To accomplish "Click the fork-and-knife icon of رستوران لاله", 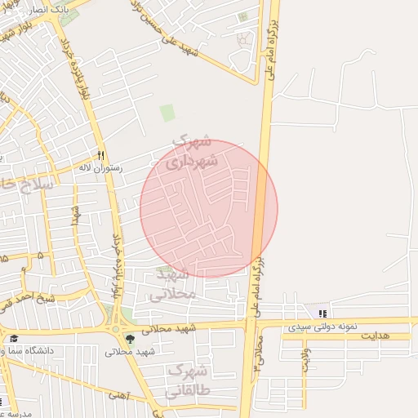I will click(x=101, y=154).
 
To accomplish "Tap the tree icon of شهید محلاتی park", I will click(x=131, y=338).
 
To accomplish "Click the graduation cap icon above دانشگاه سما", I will click(x=13, y=338).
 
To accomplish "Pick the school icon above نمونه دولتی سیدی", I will click(x=323, y=313).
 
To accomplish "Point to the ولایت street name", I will click(x=306, y=360).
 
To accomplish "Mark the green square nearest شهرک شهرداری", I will click(x=167, y=113).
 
